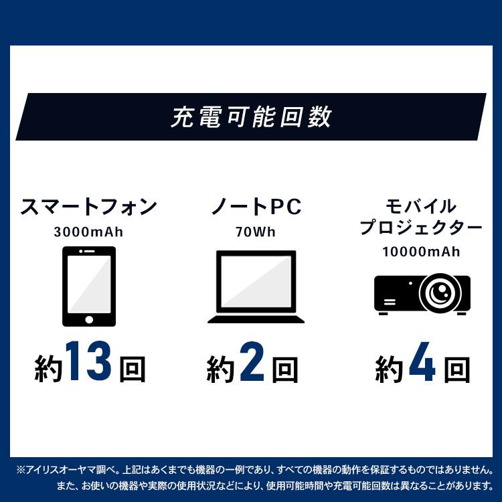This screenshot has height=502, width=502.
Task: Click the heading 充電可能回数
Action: (x=251, y=117)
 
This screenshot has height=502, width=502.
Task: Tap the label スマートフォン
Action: (x=88, y=207)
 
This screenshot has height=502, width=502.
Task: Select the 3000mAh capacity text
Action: (x=88, y=233)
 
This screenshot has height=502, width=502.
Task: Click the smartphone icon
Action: (x=88, y=286)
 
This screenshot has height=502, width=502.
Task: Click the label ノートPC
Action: (x=256, y=207)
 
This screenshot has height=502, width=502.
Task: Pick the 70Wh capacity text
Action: (x=255, y=233)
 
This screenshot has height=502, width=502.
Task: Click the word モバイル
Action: (x=421, y=205)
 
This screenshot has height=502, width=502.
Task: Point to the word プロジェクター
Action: (x=421, y=228)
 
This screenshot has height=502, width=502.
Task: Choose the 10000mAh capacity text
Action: (x=421, y=252)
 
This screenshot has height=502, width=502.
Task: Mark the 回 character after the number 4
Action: (x=456, y=369)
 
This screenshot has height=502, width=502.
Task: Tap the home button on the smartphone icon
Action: (x=88, y=319)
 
